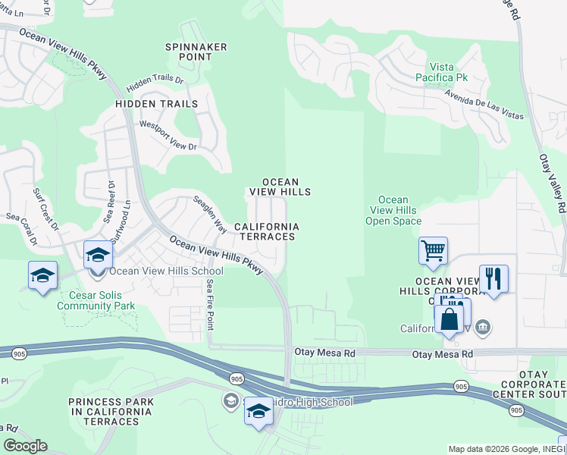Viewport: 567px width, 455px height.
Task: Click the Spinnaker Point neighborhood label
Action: (196, 52)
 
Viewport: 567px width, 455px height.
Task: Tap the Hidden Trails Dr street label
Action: (155, 79)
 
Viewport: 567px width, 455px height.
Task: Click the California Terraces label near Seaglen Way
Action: (265, 231)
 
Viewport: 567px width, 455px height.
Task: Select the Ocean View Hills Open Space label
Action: (393, 211)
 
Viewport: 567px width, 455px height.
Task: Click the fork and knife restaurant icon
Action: (493, 278)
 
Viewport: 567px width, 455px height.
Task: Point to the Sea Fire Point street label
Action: (211, 304)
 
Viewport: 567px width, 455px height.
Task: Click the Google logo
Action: (25, 446)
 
